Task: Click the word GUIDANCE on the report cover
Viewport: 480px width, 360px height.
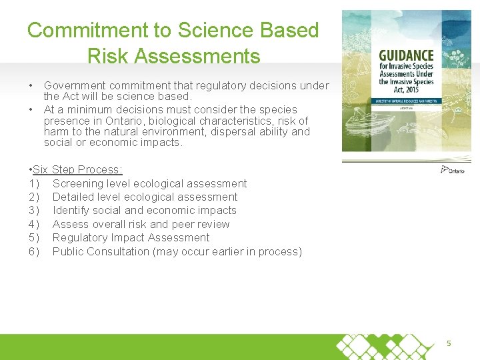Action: tap(406, 55)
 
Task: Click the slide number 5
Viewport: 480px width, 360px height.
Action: tap(449, 343)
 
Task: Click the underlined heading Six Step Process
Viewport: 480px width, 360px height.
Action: tap(77, 170)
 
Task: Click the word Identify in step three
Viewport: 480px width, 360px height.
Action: tap(72, 211)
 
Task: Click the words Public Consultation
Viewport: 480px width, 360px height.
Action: tap(101, 251)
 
